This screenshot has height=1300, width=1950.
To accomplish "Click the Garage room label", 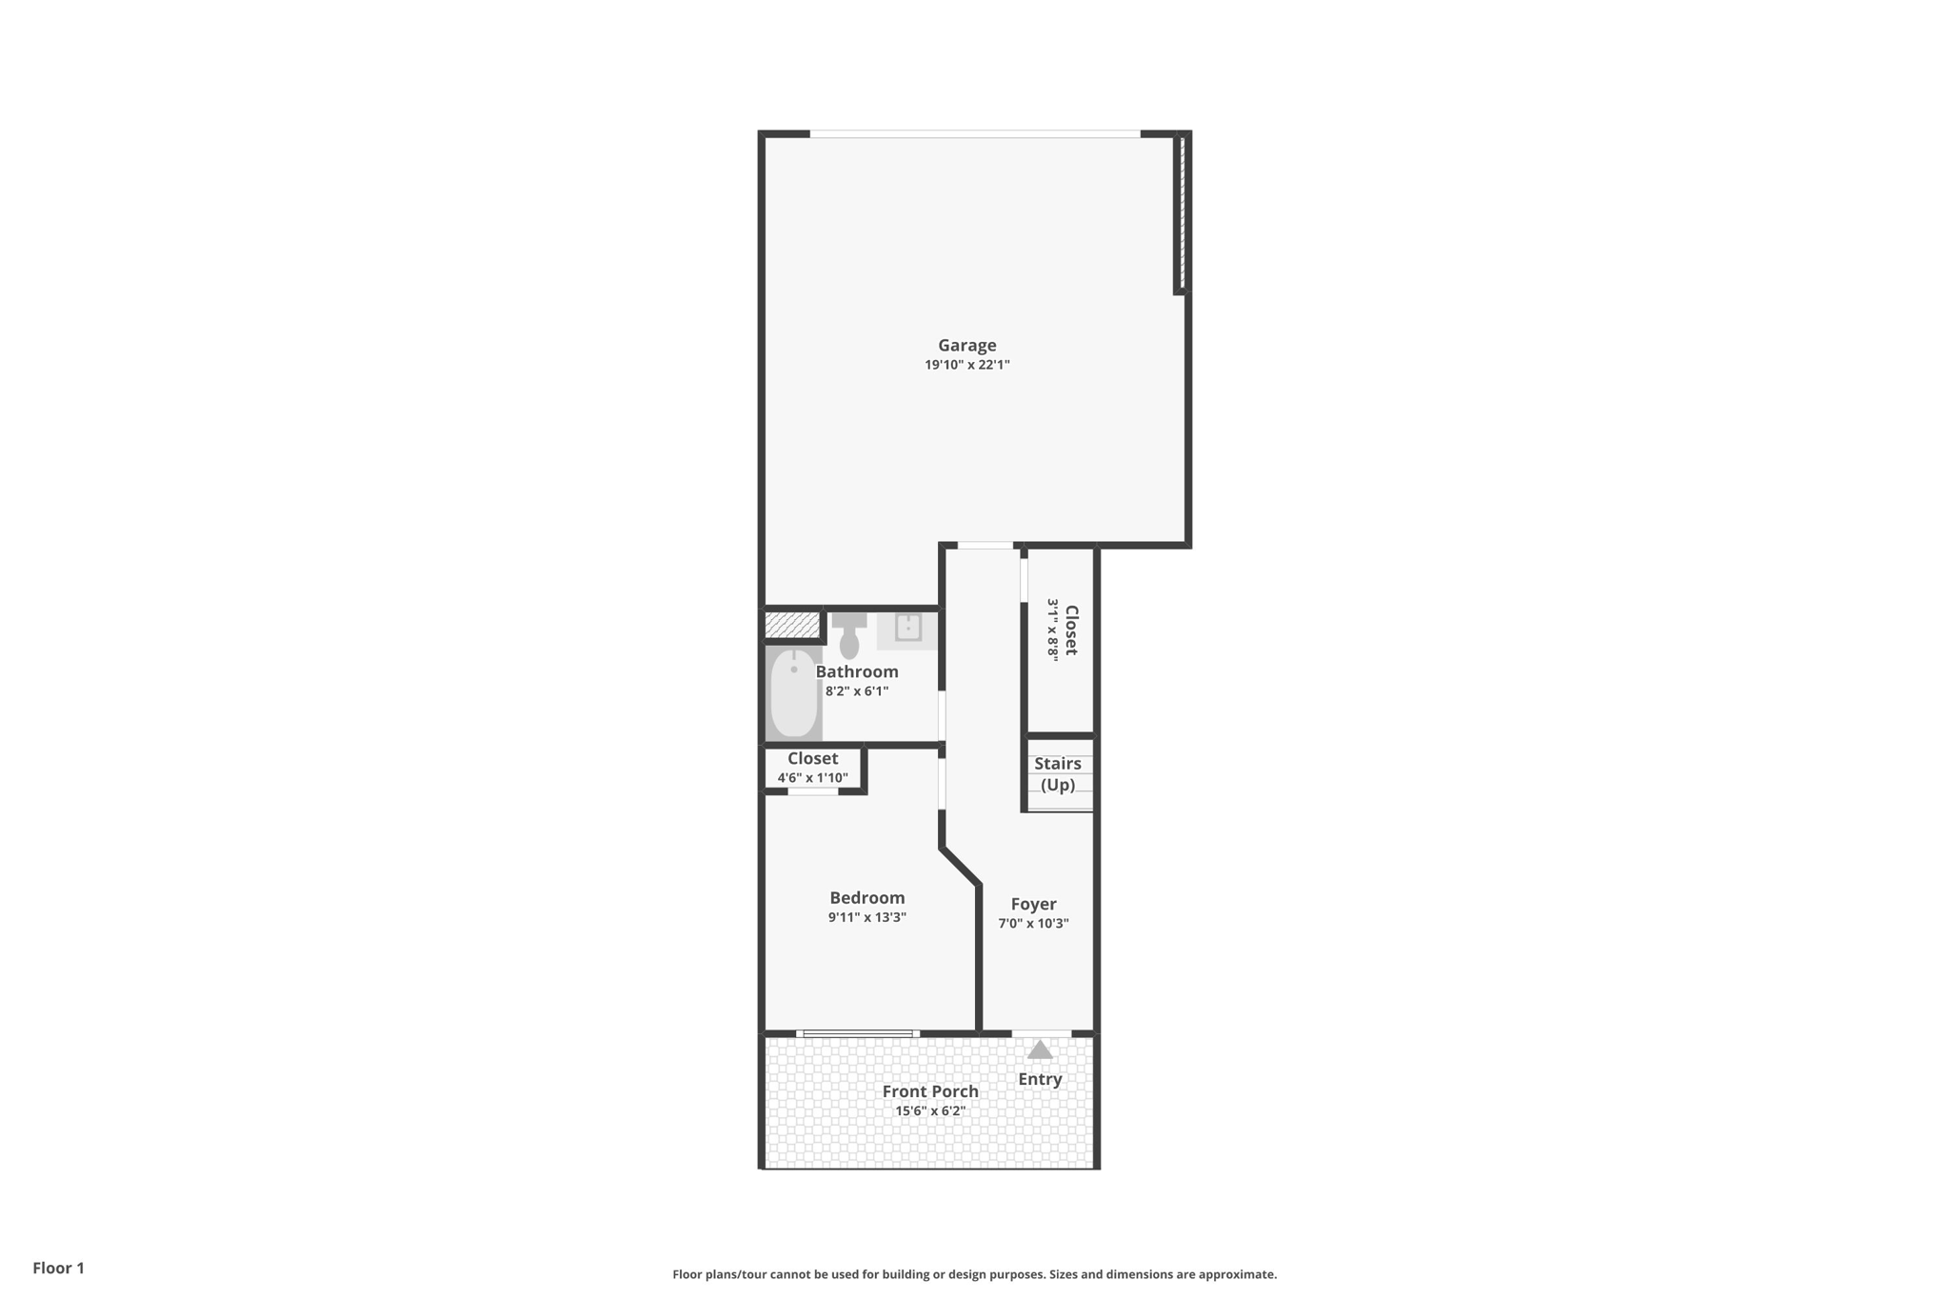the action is point(966,346).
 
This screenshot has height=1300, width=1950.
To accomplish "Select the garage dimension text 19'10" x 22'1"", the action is point(966,365).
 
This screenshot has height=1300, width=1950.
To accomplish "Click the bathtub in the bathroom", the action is point(793,693).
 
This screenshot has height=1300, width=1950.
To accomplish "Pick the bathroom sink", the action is point(908,628).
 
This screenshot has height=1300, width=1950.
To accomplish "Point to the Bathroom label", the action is point(857,671).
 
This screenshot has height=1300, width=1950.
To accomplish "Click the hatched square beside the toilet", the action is point(792,625).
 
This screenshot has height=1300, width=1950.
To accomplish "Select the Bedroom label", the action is point(866,898).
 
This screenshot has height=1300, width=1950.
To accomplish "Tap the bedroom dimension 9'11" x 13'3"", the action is point(866,918).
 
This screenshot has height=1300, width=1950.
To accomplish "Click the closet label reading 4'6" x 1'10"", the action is point(812,778).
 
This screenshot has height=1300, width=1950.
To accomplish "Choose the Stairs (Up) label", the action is point(1058,774).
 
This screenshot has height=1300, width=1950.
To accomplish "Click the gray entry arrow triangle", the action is point(1040,1050).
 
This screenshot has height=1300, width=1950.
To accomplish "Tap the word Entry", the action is point(1040,1079).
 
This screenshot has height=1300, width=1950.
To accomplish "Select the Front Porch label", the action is point(930,1091).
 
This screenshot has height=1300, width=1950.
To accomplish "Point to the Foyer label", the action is point(1033,905).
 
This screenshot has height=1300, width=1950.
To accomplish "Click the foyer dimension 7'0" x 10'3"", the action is point(1033,924).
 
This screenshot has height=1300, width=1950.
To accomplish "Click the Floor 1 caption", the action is point(58,1269).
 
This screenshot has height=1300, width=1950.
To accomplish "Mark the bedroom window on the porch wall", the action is point(858,1033).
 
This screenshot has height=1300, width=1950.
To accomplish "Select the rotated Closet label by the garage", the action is point(1071,630).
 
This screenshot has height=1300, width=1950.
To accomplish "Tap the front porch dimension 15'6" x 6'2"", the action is point(930,1111).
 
